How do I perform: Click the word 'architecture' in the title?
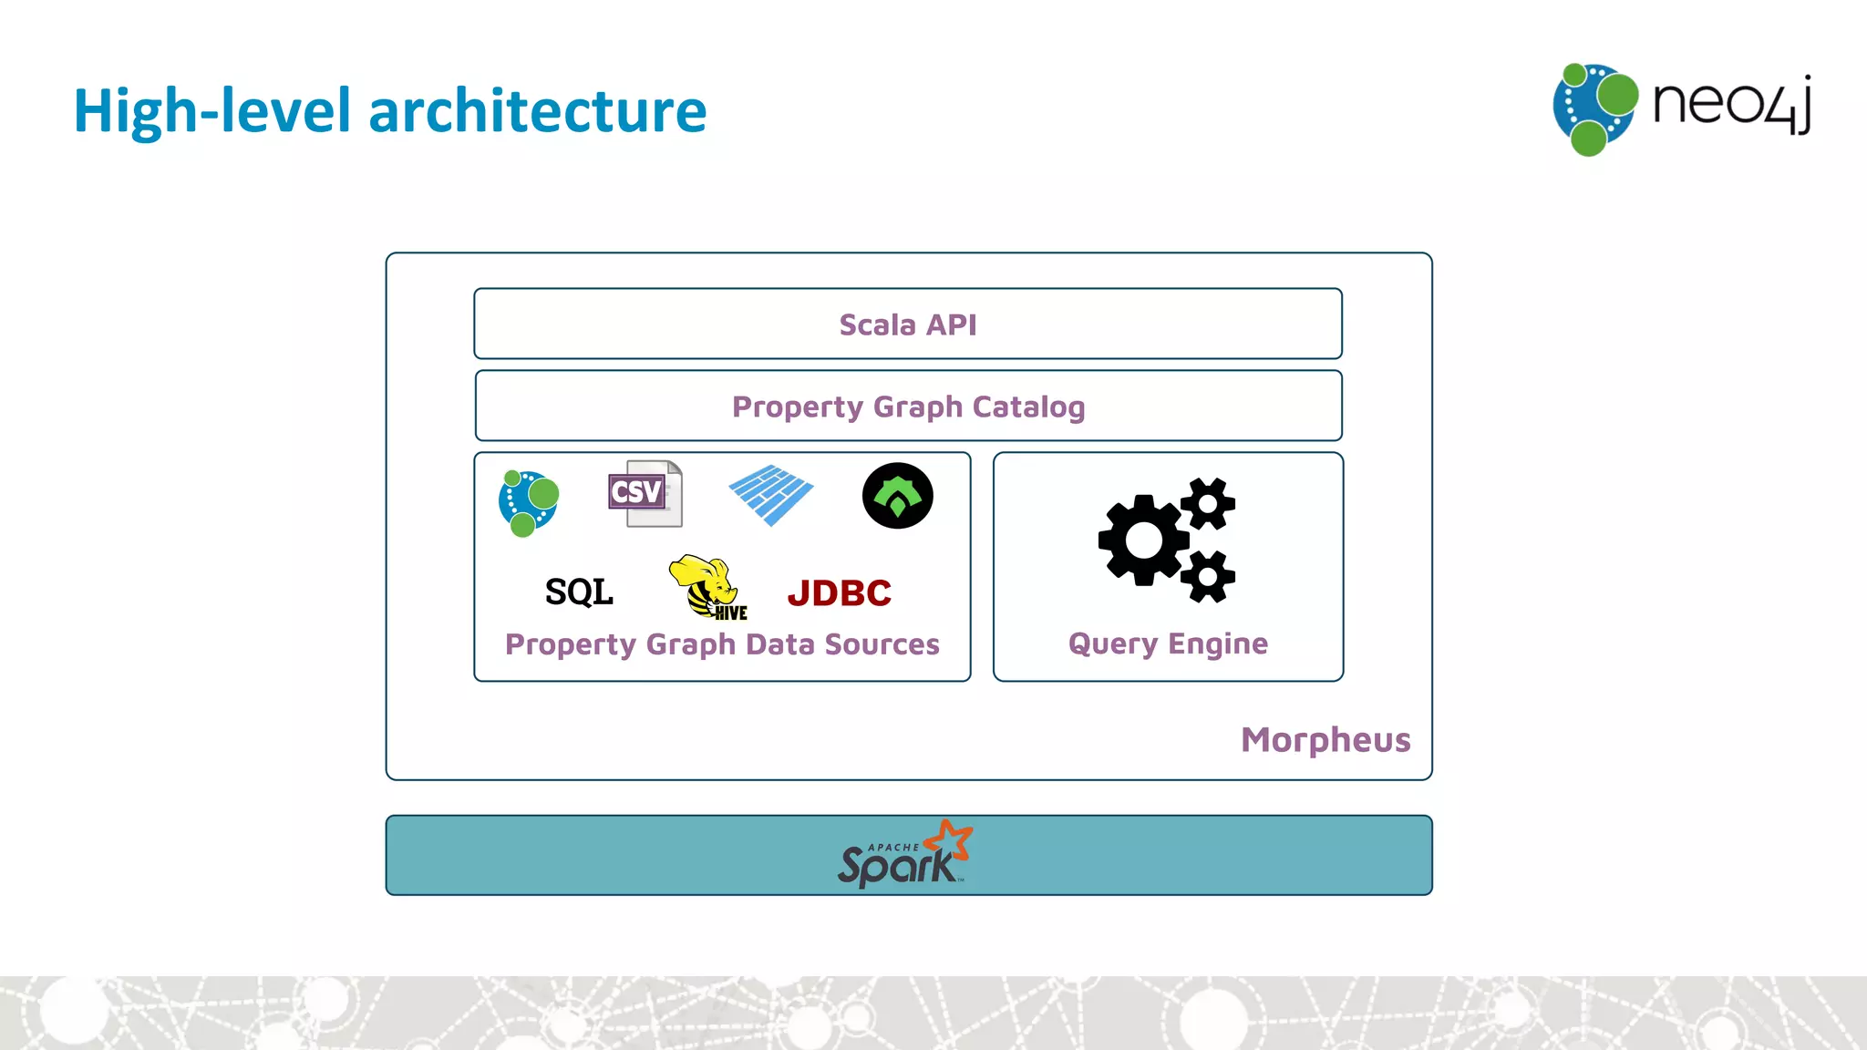(x=537, y=111)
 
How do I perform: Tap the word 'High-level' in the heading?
(x=211, y=111)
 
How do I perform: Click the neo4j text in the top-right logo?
(x=1730, y=104)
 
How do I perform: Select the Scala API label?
(x=907, y=324)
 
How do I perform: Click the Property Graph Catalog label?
(x=908, y=407)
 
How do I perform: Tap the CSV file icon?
(x=645, y=493)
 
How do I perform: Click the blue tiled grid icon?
(x=771, y=495)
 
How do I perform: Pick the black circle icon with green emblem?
(x=897, y=496)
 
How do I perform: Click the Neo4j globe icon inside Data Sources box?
(x=528, y=502)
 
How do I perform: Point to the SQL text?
(x=579, y=592)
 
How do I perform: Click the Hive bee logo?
(x=707, y=587)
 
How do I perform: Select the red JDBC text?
(x=839, y=593)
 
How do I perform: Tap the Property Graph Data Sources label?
(x=722, y=644)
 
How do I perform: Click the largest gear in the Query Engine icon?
(x=1143, y=540)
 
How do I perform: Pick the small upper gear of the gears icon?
(x=1209, y=503)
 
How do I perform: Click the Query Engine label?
(x=1168, y=643)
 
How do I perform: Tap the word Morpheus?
(x=1325, y=739)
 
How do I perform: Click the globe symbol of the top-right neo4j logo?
(x=1594, y=108)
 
